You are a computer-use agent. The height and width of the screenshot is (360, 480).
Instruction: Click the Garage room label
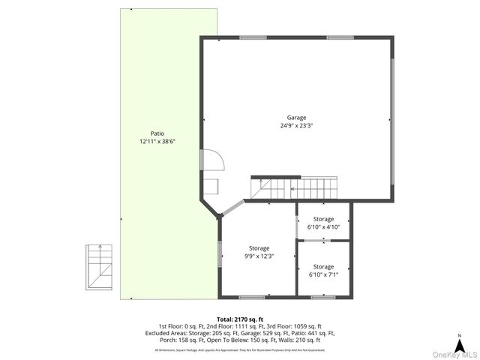click(x=296, y=117)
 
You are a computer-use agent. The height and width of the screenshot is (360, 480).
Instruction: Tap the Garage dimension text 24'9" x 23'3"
click(x=296, y=126)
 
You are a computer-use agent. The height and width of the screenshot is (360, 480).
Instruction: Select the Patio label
click(x=156, y=133)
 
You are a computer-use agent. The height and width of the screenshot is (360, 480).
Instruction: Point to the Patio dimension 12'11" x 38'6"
click(x=156, y=141)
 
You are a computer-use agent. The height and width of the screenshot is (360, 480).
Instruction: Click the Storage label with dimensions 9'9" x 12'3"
click(x=259, y=247)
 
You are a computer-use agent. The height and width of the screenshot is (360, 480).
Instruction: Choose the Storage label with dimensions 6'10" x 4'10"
click(x=323, y=219)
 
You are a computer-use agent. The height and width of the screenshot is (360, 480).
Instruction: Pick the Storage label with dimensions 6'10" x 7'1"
click(x=323, y=266)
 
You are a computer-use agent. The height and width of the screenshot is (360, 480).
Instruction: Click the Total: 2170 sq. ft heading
click(x=240, y=319)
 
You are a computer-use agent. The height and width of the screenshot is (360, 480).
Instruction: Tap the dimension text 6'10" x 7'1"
click(x=323, y=274)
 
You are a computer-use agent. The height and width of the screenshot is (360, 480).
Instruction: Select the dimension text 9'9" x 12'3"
click(x=259, y=256)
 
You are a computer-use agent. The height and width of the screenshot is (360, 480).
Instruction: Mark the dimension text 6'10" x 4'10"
click(x=323, y=226)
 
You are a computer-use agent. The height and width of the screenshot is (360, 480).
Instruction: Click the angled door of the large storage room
click(x=234, y=208)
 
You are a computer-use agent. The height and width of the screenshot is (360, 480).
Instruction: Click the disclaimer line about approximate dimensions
click(x=240, y=350)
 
